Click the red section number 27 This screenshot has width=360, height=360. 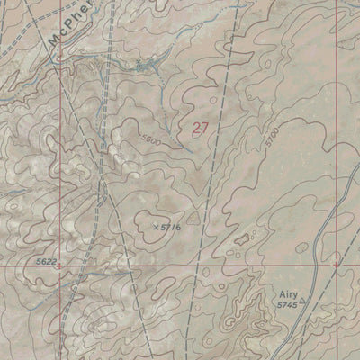200,128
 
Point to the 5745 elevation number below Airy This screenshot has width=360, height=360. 286,306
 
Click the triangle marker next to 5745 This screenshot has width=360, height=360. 302,301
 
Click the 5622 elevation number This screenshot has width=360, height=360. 48,260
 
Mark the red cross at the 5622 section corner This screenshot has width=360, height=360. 60,266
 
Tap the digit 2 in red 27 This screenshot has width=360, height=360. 195,128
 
